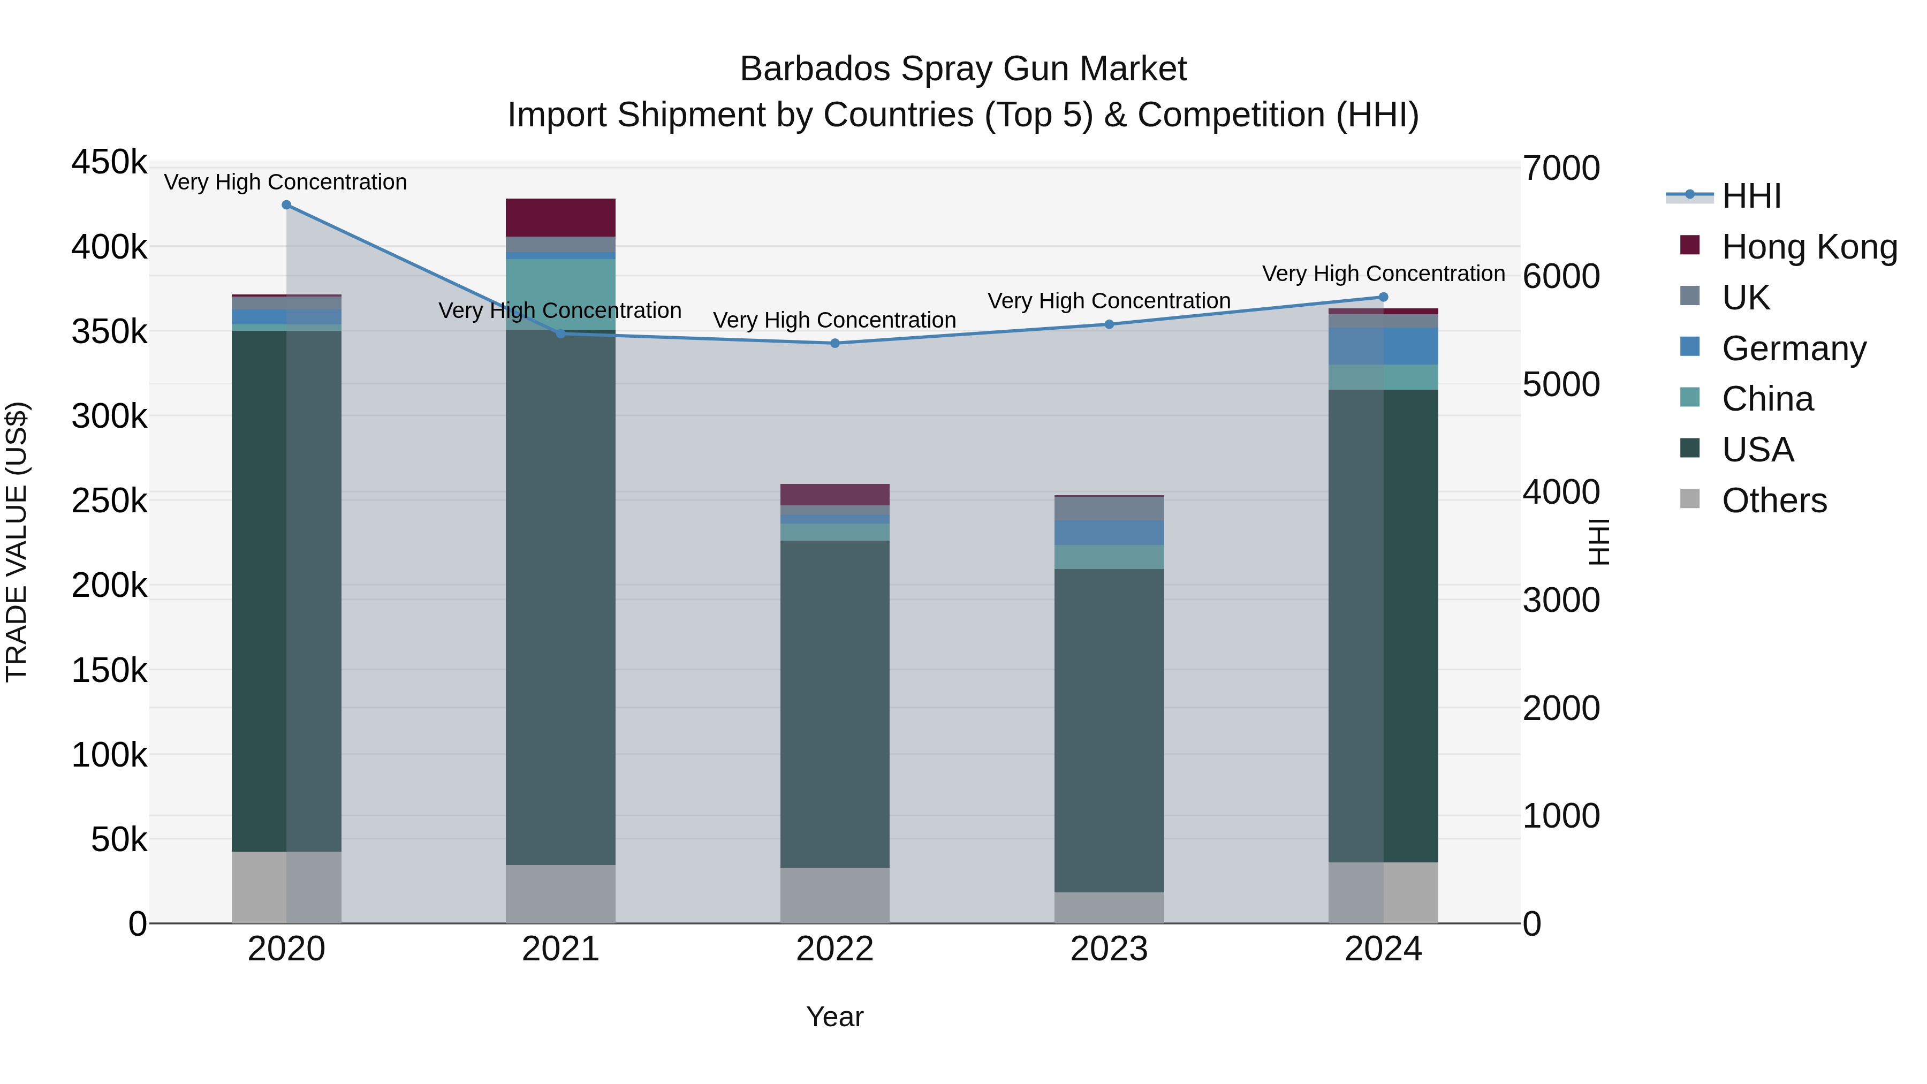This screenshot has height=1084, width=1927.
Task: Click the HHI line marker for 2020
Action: (x=286, y=205)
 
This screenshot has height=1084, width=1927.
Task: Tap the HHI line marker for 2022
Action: (x=835, y=343)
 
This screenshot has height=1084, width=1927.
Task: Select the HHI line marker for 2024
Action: (x=1383, y=297)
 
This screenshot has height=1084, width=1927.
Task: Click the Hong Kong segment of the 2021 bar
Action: (x=560, y=218)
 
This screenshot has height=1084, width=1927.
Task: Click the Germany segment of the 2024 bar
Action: (x=1383, y=346)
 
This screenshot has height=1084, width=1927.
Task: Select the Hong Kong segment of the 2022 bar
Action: (x=835, y=495)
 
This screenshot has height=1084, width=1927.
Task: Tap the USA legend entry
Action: (x=1757, y=450)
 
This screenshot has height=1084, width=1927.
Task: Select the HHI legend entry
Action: (x=1750, y=196)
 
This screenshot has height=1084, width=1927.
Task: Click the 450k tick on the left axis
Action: (x=109, y=162)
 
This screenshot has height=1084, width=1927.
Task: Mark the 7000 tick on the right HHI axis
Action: (x=1561, y=168)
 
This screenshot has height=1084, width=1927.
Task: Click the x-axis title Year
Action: (x=835, y=1017)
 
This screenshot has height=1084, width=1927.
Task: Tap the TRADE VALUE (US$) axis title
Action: (x=17, y=542)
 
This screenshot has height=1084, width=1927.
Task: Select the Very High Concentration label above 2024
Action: (x=1383, y=274)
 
